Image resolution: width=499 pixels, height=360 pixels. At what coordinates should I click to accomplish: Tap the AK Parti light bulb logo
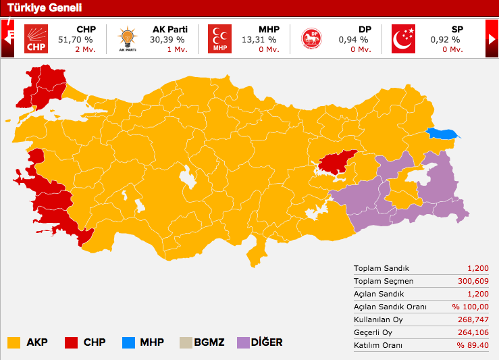point(127,39)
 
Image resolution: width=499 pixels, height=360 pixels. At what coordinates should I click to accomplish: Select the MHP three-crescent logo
point(219,39)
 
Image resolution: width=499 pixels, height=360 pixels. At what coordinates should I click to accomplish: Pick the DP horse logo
point(311,39)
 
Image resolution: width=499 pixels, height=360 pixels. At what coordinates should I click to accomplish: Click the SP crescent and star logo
point(404,39)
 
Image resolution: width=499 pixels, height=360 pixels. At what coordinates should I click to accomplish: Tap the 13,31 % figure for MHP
point(259,40)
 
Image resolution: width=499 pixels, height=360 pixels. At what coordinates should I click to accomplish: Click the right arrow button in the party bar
point(492,39)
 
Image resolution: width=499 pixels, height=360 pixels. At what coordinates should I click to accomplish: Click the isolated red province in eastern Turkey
point(337,161)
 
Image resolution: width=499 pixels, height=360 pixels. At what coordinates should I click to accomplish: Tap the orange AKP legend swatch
point(14,342)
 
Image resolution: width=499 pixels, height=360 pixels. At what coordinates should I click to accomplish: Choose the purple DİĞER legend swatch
point(243,342)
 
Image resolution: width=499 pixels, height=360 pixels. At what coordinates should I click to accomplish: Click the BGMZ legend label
point(210,342)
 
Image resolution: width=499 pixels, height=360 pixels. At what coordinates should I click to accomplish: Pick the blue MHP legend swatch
point(128,342)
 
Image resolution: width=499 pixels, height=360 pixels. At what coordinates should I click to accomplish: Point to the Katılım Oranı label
point(377,345)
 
